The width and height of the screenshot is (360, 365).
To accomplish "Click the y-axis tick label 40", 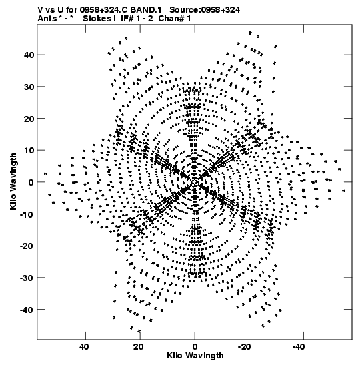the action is point(29,55).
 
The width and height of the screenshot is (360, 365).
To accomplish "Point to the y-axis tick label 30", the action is point(29,87).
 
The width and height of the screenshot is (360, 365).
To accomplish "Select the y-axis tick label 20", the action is point(29,119).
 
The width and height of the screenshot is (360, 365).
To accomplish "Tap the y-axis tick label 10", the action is point(29,150).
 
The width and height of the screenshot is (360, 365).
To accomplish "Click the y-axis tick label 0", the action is point(31,182).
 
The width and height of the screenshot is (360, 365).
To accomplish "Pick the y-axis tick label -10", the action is point(27,214).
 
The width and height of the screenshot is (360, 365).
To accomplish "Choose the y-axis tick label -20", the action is point(27,246).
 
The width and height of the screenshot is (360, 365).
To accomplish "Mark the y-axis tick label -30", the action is point(27,278).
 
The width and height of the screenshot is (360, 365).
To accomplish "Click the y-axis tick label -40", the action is point(27,310).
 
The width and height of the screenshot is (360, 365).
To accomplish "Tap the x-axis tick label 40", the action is point(84,347).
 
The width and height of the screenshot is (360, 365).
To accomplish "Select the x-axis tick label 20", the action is point(139,347).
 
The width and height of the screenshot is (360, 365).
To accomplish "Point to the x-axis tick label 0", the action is point(195,347).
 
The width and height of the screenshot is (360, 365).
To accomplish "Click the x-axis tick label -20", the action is point(245,347).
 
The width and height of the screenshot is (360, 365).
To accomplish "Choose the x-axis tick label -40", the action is point(299,347).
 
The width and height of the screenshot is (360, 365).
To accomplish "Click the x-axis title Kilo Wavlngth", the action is point(195,356).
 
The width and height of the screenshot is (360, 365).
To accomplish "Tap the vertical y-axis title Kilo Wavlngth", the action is point(13,181).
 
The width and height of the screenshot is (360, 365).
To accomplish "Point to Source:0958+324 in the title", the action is point(205,10).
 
